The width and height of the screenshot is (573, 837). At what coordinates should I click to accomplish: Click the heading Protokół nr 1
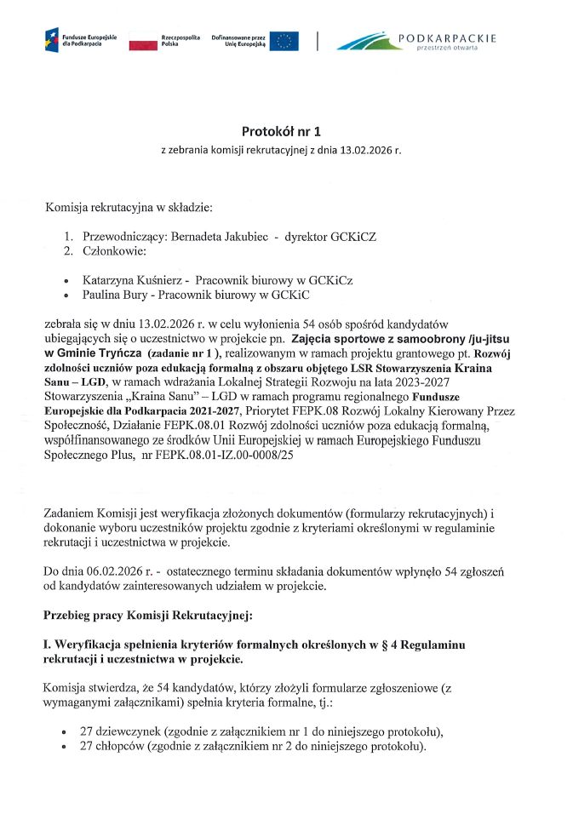(x=280, y=132)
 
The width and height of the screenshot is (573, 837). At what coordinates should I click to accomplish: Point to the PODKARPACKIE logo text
(x=447, y=38)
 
